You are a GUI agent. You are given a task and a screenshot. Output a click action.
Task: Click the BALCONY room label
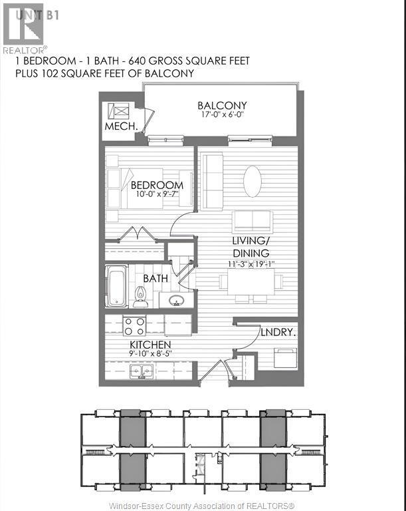point(222,105)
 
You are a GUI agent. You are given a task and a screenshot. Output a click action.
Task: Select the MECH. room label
point(121,126)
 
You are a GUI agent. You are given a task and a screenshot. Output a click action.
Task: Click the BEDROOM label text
point(157,184)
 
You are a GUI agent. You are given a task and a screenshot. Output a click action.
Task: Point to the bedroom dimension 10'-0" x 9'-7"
point(157,194)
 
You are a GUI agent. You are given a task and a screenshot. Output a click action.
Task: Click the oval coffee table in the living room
point(253,180)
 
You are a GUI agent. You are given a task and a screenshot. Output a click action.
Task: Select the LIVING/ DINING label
point(251,247)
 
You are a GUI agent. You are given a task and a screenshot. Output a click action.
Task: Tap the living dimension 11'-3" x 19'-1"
point(251,263)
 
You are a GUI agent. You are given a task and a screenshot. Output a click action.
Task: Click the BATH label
point(155,278)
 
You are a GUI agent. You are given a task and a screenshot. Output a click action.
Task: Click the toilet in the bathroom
point(140,295)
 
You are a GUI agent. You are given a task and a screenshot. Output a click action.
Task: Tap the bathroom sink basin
point(176,300)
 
